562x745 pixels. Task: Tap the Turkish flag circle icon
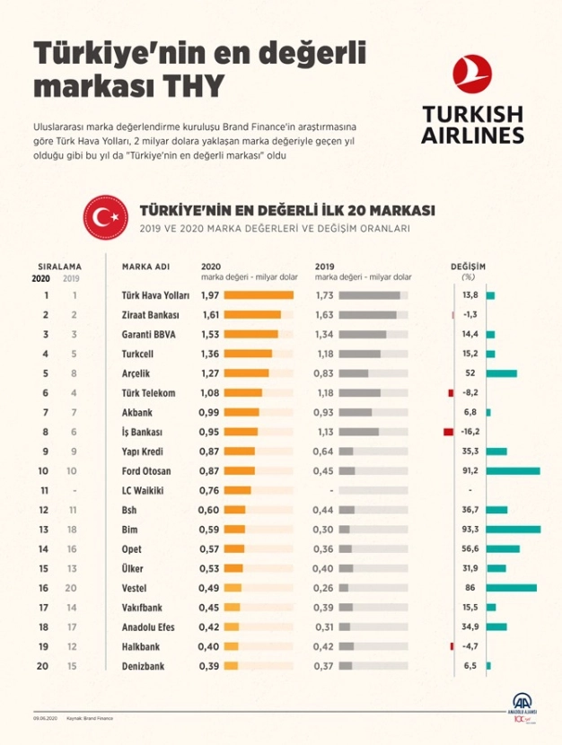[x=104, y=216]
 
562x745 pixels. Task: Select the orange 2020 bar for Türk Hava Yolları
[x=259, y=295]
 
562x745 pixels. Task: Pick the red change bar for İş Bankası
[x=448, y=432]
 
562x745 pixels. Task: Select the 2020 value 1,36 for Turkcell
[x=210, y=354]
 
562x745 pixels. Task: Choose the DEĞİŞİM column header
[x=468, y=267]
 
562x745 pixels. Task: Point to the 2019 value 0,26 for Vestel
[x=324, y=588]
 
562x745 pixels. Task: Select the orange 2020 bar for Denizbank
[x=231, y=666]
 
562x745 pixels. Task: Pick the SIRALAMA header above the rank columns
[x=60, y=267]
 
